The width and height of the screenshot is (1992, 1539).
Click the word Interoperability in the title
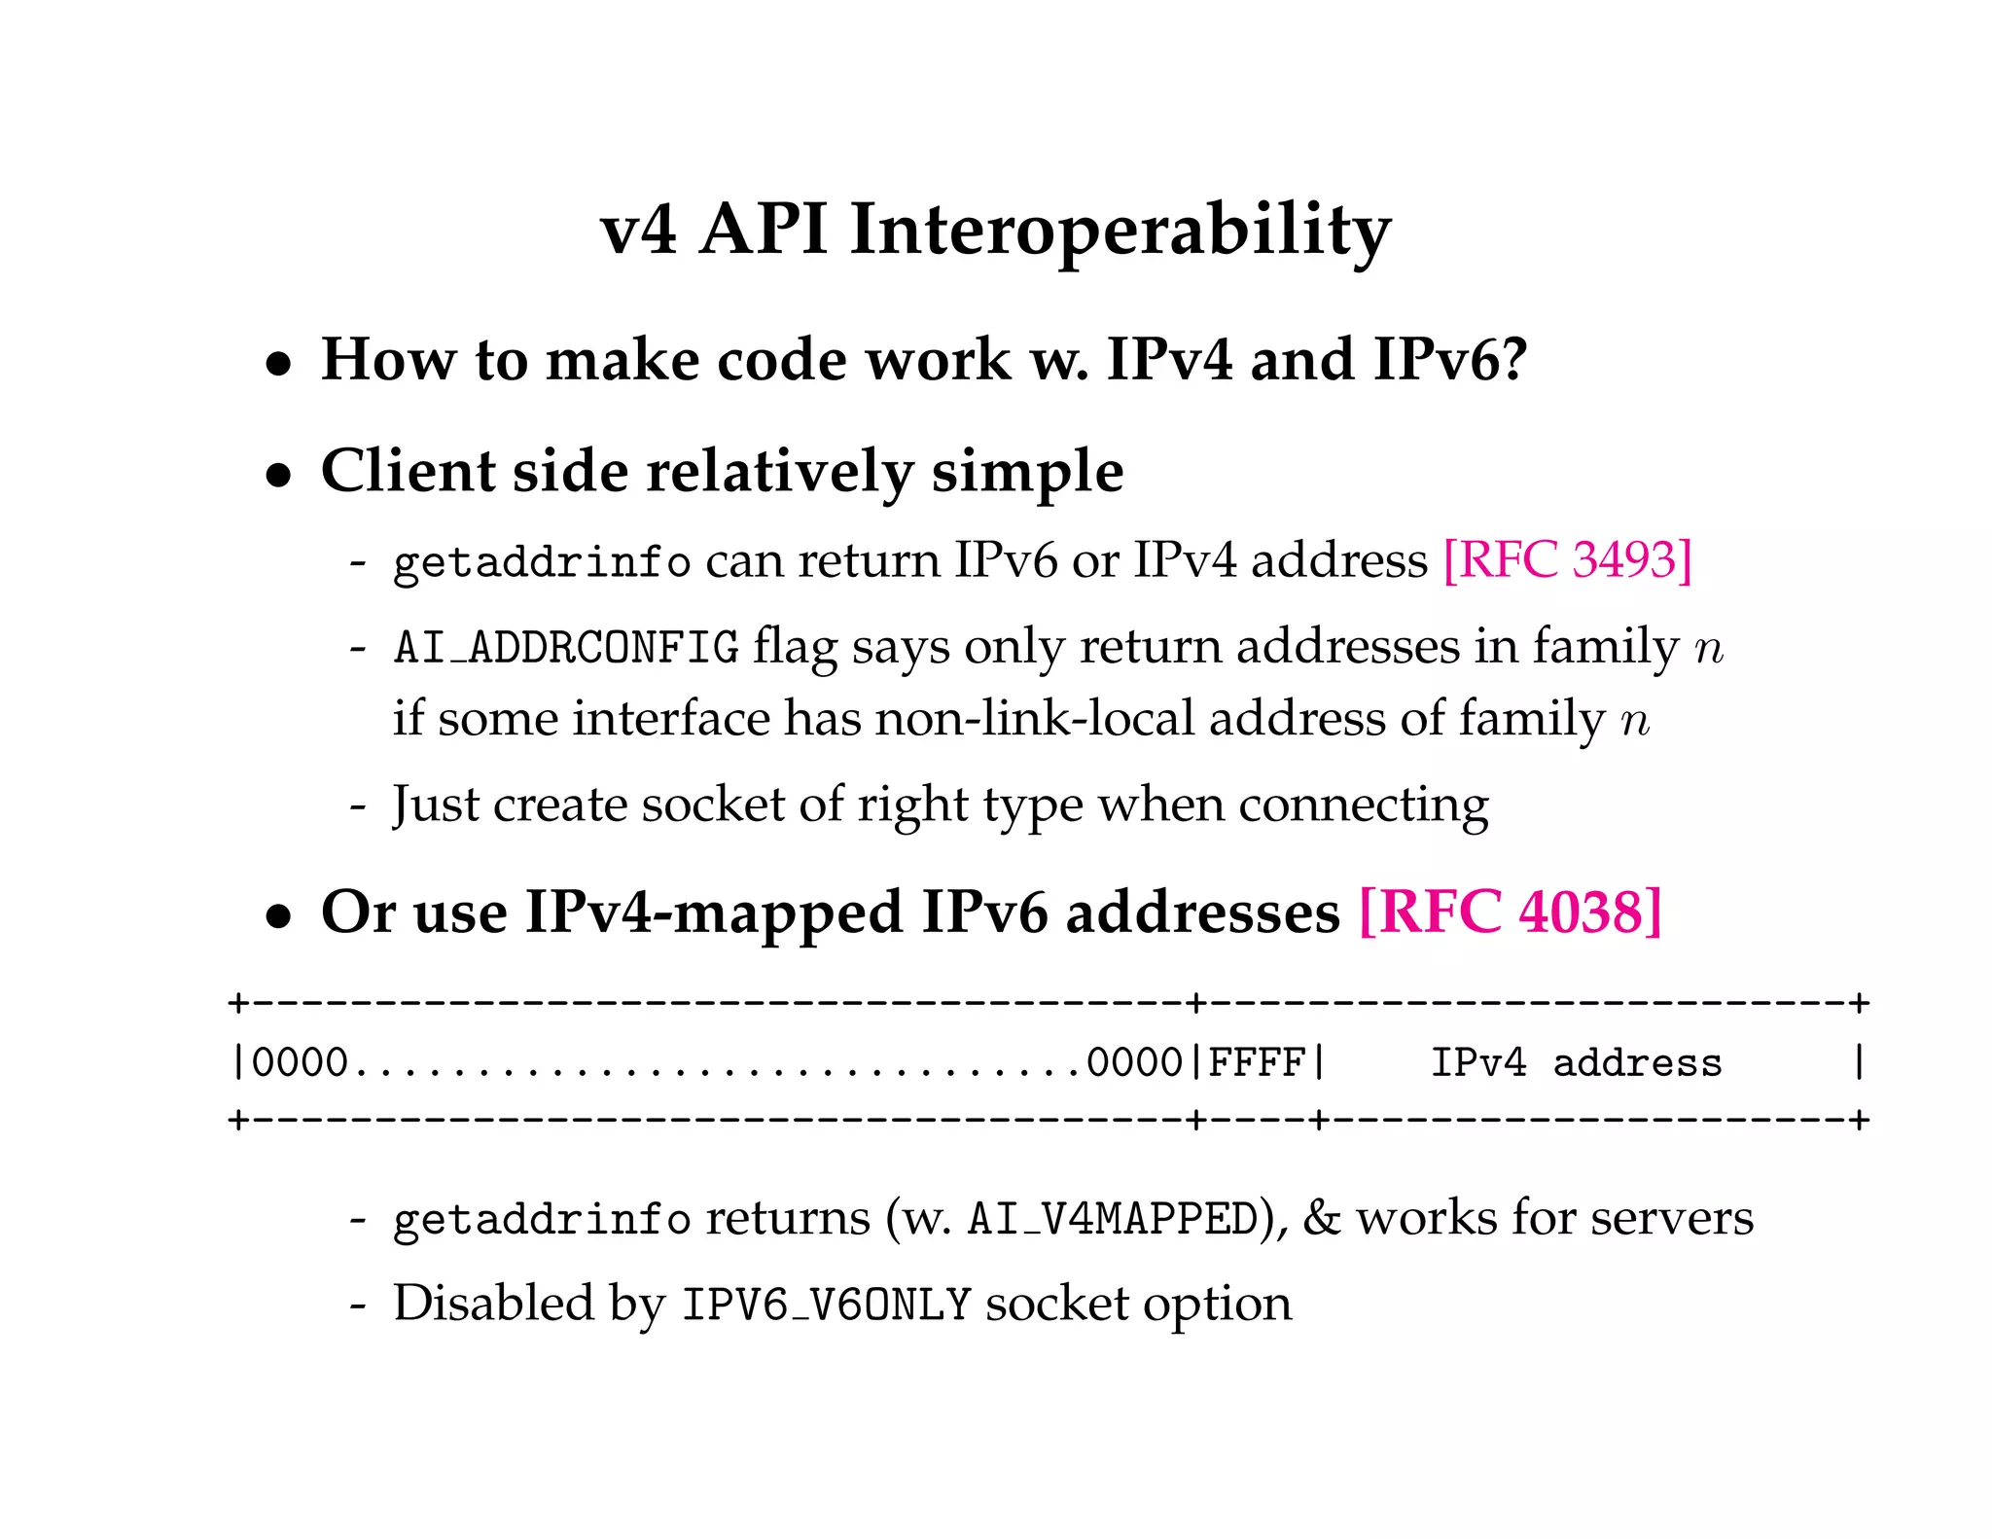click(1120, 232)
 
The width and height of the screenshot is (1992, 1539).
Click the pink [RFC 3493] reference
click(1567, 560)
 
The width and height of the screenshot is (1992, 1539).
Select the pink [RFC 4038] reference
click(1510, 913)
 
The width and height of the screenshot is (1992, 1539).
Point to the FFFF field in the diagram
click(1256, 1062)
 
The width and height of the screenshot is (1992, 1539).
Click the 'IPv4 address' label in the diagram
click(1576, 1062)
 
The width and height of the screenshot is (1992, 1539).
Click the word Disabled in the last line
click(493, 1304)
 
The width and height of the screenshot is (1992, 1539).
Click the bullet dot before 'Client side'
click(279, 475)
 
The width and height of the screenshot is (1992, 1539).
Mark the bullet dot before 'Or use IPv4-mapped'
click(279, 916)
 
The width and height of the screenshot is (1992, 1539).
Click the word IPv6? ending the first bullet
click(1451, 360)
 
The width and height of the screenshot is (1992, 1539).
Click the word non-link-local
click(1034, 720)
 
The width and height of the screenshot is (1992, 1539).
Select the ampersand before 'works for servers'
click(1321, 1218)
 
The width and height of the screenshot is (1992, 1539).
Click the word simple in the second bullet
click(1027, 472)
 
